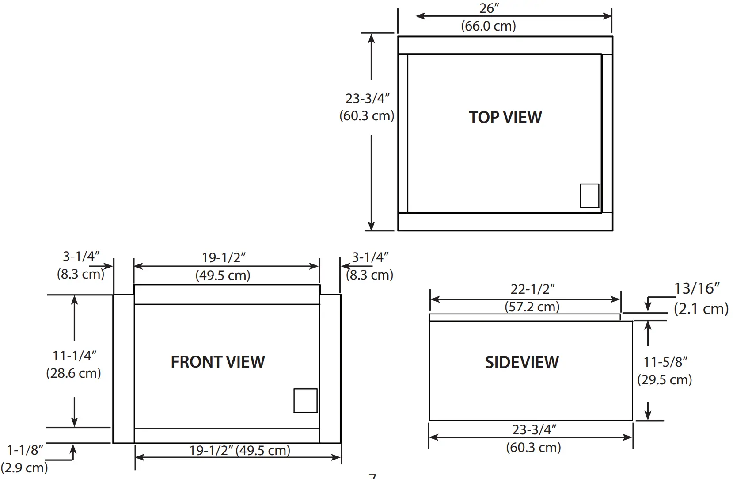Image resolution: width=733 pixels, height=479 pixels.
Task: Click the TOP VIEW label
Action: (505, 117)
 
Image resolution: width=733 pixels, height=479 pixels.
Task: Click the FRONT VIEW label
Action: (218, 362)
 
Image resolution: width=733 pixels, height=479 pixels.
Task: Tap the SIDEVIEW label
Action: (522, 362)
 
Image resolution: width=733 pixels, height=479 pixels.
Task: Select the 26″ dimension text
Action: (489, 8)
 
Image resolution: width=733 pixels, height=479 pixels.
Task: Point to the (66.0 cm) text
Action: (488, 26)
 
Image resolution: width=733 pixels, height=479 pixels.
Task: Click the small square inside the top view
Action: (589, 195)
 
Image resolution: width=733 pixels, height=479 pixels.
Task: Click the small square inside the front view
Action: (305, 401)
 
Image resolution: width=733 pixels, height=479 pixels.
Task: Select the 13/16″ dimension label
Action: (697, 288)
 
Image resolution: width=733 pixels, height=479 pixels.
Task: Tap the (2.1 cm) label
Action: (701, 308)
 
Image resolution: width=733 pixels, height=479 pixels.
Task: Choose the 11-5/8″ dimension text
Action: (665, 362)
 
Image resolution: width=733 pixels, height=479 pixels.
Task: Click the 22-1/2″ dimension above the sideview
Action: (532, 289)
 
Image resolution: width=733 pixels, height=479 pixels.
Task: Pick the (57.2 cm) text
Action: (532, 307)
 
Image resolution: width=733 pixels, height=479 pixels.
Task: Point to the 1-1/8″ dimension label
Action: (25, 450)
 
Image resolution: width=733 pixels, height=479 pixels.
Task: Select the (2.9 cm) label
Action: (24, 468)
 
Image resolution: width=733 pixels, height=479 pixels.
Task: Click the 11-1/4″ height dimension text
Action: (74, 355)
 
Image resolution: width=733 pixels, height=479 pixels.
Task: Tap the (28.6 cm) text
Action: (73, 373)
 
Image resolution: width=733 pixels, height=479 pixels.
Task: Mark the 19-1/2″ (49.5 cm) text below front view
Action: (239, 450)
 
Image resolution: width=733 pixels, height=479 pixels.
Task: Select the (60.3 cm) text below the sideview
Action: (533, 447)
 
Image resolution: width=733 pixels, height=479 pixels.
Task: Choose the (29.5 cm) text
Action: (665, 379)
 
